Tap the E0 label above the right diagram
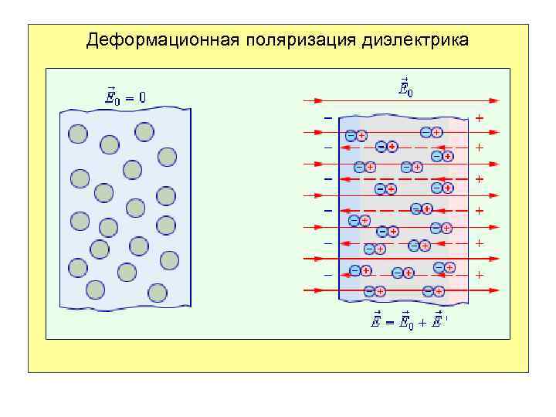tap(405, 88)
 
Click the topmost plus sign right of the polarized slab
tap(480, 118)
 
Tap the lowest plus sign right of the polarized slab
tap(480, 275)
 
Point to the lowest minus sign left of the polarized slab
tap(328, 275)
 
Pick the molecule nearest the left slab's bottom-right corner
tap(158, 293)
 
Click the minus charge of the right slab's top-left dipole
tap(351, 135)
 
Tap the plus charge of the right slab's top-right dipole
tap(437, 132)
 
